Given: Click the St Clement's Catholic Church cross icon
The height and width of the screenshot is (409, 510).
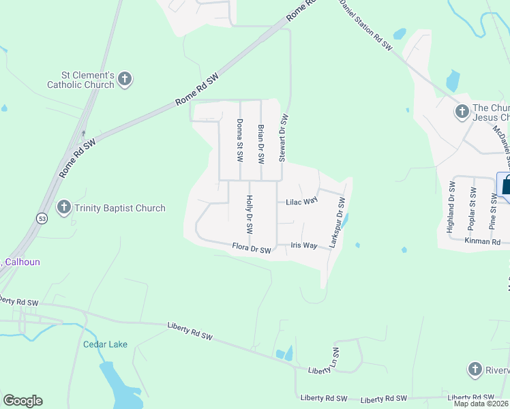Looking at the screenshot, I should coord(124,80).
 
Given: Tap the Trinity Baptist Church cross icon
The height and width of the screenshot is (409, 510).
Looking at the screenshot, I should coord(64,207).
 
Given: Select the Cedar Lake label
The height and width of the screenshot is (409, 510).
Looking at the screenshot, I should coord(105,344).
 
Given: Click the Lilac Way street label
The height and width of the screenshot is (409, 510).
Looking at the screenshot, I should coord(302,202).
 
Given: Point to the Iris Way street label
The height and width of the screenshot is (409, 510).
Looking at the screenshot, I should coord(303,245).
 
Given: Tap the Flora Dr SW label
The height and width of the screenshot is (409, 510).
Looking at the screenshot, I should coord(252,249).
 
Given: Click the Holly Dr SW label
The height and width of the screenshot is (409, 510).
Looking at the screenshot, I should coord(250,212).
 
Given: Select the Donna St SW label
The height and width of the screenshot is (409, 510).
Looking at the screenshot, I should coord(239,139).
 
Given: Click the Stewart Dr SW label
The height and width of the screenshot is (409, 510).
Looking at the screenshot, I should coord(282,138).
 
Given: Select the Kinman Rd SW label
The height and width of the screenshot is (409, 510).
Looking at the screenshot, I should coord(483,241).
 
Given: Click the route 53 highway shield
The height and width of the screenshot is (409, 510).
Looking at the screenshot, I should coord(42,217).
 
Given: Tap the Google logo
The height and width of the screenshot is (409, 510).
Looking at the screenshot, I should coord(22,401).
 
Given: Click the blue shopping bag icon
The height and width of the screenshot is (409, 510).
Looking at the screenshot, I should coord(505,185).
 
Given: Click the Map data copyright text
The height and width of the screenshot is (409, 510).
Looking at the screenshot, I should coord(481,404).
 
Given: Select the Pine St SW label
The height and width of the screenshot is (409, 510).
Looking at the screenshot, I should coord(493,210).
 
